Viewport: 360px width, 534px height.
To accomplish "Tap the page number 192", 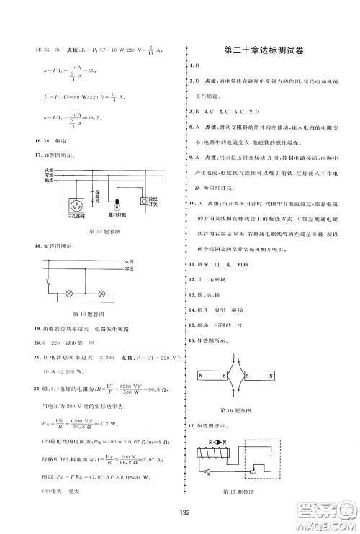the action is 180,512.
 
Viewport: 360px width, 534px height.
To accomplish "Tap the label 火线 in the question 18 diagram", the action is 129,261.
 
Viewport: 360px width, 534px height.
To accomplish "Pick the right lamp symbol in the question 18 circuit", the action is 102,294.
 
